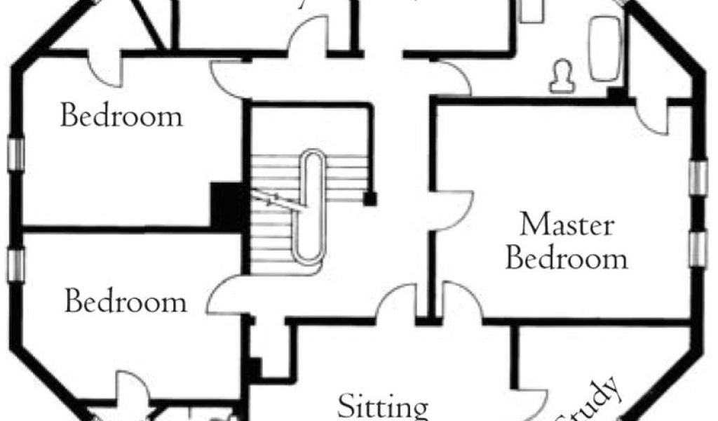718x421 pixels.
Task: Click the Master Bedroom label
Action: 567,242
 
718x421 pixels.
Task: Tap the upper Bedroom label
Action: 121,116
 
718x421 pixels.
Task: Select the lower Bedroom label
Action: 126,302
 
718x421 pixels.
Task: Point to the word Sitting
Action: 383,407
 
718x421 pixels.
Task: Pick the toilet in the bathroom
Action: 561,76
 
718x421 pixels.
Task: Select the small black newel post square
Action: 370,199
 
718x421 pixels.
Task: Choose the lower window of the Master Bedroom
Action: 698,248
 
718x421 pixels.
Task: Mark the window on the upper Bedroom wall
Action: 16,153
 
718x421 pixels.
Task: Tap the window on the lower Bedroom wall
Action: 16,265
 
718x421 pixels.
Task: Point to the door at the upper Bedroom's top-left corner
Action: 105,67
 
